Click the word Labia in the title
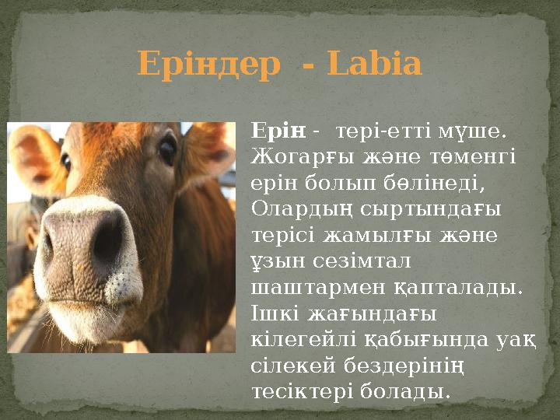pos(375,65)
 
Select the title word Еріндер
pos(208,65)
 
